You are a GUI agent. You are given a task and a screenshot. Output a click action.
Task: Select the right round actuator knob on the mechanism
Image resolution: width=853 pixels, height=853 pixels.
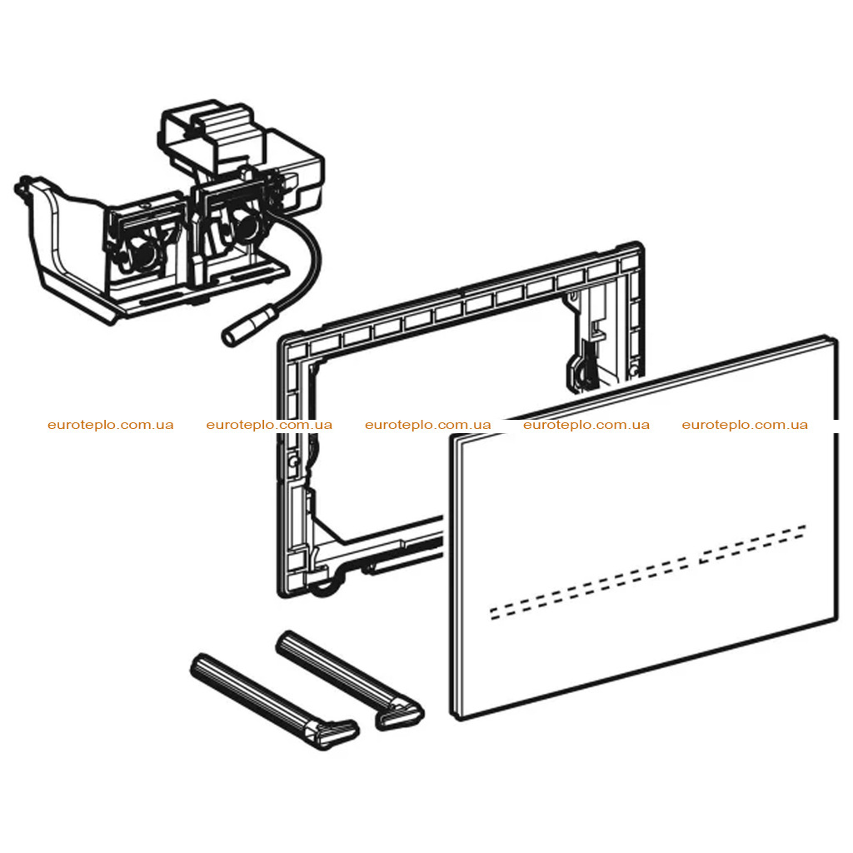[248, 225]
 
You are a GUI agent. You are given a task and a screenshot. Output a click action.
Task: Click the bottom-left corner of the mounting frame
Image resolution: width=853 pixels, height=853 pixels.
[281, 594]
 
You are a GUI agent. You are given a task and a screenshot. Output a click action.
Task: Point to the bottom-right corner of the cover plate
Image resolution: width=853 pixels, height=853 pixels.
[836, 618]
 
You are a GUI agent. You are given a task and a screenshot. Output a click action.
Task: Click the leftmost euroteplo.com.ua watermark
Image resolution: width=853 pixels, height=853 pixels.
[111, 425]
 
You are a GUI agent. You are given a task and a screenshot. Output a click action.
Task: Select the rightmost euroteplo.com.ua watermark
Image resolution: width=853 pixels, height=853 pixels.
[745, 425]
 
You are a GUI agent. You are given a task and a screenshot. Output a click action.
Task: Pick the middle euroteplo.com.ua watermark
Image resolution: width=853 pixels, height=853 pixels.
[427, 425]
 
